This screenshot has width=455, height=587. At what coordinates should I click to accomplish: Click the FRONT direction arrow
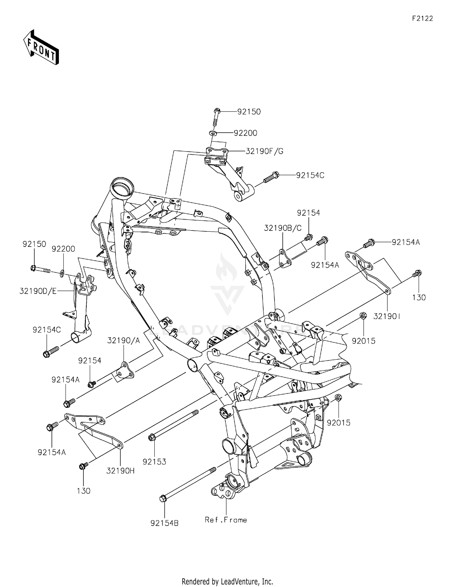pos(41,47)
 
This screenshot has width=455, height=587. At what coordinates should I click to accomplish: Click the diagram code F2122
pos(422,18)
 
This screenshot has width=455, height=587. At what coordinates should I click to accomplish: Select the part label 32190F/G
pos(264,151)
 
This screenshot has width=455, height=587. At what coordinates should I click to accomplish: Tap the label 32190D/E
pos(38,291)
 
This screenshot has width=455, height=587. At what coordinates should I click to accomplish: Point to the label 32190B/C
pos(283,228)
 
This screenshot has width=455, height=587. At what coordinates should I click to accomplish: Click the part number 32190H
pos(120,471)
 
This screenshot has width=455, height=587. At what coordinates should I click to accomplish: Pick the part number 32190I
pos(387,316)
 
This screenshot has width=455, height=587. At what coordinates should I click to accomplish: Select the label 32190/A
pos(123,340)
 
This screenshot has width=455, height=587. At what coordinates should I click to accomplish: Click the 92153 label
pos(154,462)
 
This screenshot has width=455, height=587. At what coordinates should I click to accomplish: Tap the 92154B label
pos(164,523)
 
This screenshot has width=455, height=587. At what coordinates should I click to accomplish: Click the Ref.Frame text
pos(226,520)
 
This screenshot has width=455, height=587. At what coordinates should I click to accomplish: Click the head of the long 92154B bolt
pos(163,498)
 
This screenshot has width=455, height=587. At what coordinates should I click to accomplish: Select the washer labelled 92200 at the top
pos(212,133)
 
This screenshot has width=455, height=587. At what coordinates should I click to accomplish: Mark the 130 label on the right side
pos(419,297)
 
